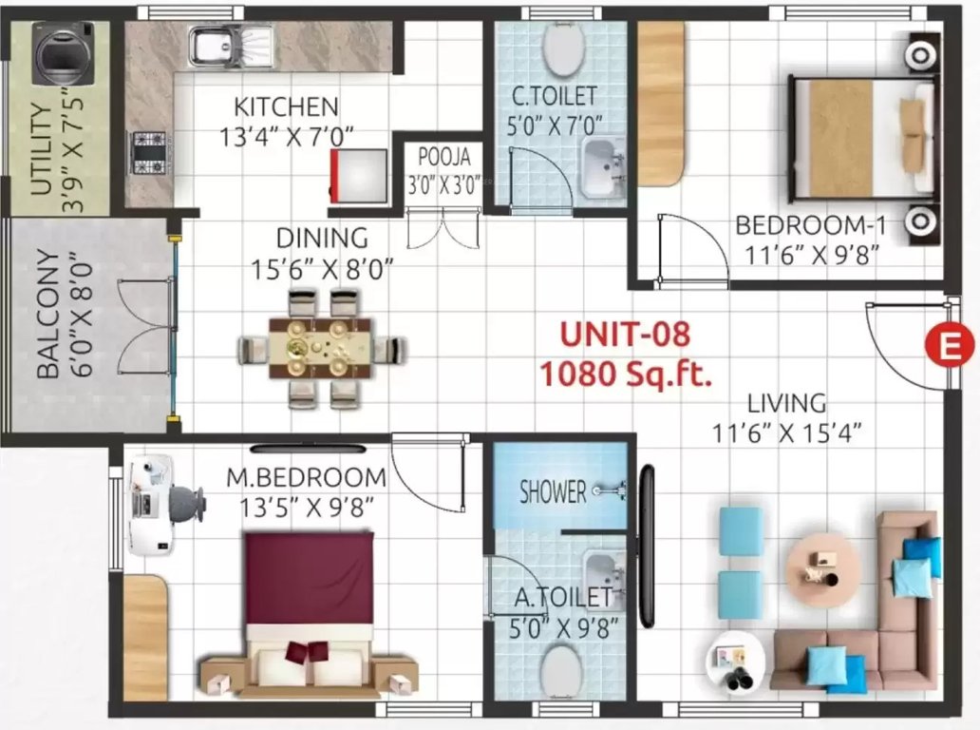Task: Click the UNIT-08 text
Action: point(624,336)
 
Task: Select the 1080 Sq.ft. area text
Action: point(626,374)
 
